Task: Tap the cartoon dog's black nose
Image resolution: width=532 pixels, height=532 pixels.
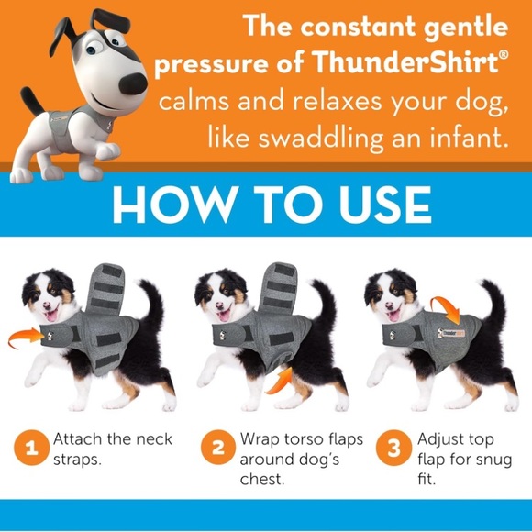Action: [x=135, y=83]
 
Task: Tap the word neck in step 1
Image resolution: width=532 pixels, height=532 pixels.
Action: [x=147, y=439]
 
